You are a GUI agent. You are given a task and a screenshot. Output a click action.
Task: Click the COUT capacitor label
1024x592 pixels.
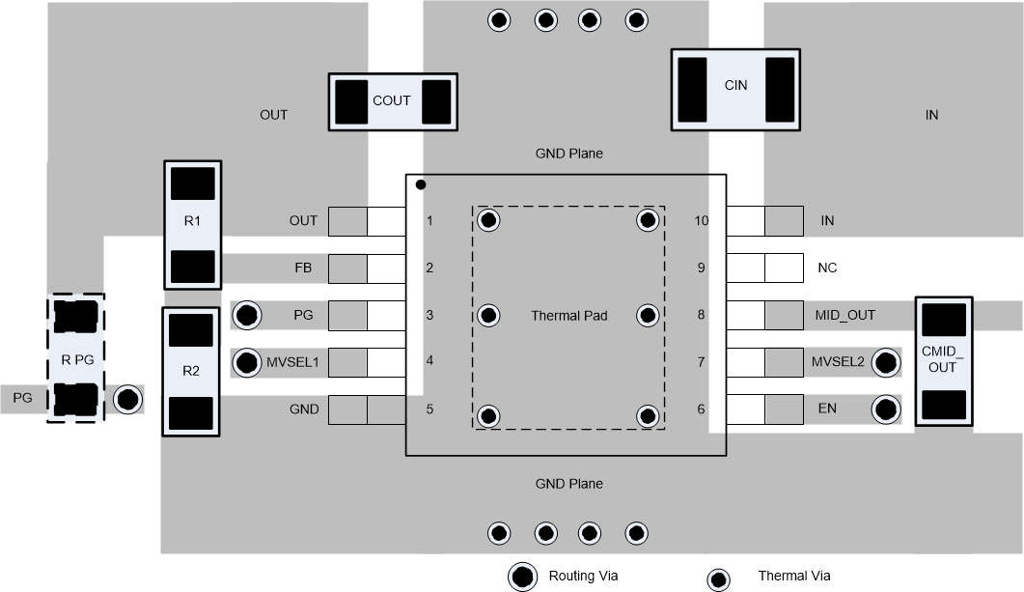coord(391,100)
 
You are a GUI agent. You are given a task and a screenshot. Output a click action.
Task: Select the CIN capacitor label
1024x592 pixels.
coord(735,85)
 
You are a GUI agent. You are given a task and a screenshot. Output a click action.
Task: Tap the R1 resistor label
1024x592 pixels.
coord(192,221)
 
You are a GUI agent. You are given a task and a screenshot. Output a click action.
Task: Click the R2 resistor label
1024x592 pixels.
coord(190,371)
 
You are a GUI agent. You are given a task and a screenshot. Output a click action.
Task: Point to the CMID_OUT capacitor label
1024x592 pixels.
coord(942,359)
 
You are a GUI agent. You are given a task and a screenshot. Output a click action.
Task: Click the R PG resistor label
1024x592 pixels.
coord(76,359)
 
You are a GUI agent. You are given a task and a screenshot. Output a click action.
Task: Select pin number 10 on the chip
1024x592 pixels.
coord(702,221)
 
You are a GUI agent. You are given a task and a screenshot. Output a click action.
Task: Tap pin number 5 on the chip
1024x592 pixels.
coord(429,409)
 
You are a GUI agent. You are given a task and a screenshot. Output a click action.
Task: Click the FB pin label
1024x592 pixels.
coord(303,268)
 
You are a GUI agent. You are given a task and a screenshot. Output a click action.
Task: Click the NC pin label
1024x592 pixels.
coord(826,268)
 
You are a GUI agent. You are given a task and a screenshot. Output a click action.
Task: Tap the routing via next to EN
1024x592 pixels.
coord(885,409)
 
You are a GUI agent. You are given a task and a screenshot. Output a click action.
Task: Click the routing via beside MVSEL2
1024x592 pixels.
coord(885,363)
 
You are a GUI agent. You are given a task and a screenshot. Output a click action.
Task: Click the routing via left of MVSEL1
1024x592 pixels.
coord(248,362)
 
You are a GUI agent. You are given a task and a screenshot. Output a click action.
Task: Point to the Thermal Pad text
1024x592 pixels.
coord(568,315)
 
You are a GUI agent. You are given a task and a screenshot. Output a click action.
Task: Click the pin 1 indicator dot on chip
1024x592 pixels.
coord(420,184)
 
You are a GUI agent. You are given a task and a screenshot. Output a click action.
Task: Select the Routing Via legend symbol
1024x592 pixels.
coord(523,577)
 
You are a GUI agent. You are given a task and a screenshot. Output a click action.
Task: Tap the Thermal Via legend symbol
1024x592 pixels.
coord(718,579)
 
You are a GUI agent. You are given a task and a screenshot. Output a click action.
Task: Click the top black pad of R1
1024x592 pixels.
coord(192,183)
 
